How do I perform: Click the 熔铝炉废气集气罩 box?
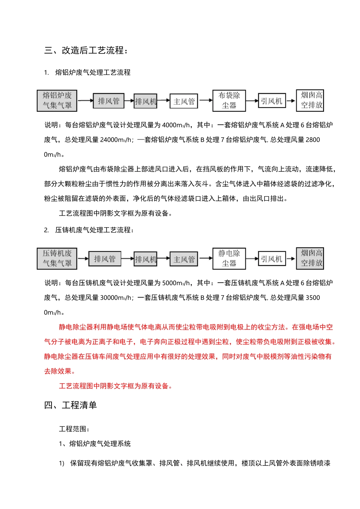[x=57, y=100]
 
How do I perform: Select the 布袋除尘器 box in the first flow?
[x=229, y=100]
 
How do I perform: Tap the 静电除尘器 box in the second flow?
[x=229, y=258]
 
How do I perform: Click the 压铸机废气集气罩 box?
[x=57, y=258]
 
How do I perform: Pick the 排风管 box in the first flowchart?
[x=108, y=101]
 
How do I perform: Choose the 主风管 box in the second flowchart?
[x=184, y=259]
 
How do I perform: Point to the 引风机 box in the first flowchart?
[x=271, y=101]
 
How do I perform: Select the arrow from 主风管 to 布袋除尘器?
[x=205, y=100]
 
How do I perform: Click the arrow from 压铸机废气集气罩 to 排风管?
[x=83, y=259]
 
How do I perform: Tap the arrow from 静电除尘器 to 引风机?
[x=252, y=259]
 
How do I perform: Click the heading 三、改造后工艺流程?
[x=86, y=50]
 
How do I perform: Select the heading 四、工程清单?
[x=70, y=405]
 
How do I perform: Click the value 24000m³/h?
[x=116, y=140]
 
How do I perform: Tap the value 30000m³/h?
[x=116, y=298]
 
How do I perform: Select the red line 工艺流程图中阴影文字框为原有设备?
[x=116, y=386]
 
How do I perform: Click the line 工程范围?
[x=74, y=429]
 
